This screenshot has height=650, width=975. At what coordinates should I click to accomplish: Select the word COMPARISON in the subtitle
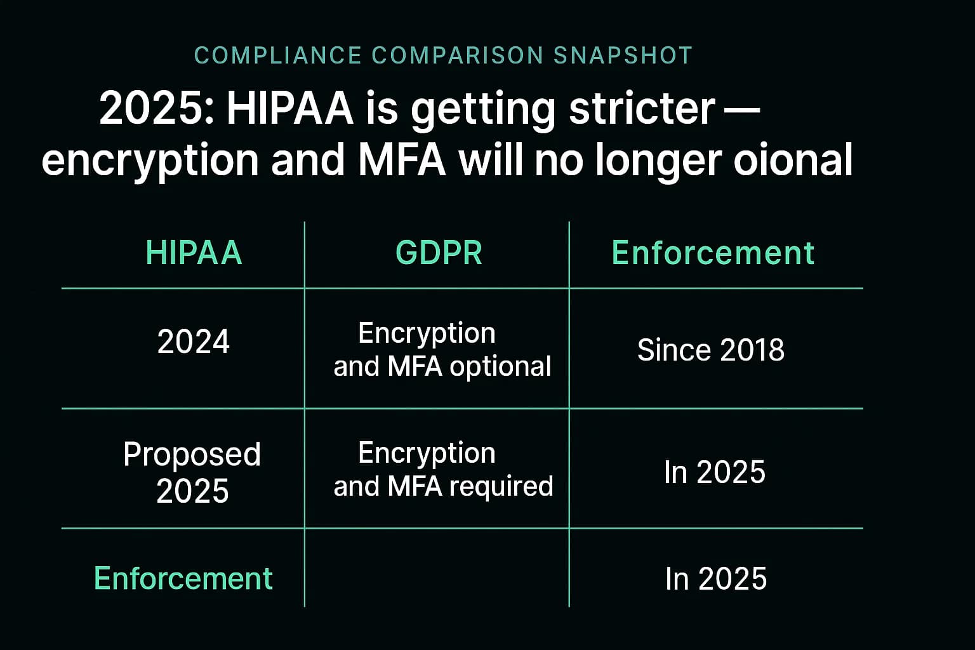pos(457,56)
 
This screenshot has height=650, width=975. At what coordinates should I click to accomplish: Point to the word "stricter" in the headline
pos(642,109)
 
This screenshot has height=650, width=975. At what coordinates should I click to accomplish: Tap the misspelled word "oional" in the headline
pos(793,160)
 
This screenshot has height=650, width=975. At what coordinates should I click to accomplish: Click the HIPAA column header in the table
pos(194,253)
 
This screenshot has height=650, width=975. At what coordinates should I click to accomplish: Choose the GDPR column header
pos(439,253)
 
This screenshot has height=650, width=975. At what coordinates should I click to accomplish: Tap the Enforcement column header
pos(713,253)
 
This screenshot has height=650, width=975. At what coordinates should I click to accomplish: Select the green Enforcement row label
pos(183,578)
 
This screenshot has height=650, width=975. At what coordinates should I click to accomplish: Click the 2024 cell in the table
pos(193,342)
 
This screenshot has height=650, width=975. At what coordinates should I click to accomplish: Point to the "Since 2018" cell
pos(710,350)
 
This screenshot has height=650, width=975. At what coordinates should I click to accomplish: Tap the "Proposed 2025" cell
pos(192,472)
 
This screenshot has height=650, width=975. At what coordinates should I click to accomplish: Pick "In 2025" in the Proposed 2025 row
pos(715,472)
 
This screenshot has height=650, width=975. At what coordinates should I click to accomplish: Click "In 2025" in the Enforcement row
pos(715,579)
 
